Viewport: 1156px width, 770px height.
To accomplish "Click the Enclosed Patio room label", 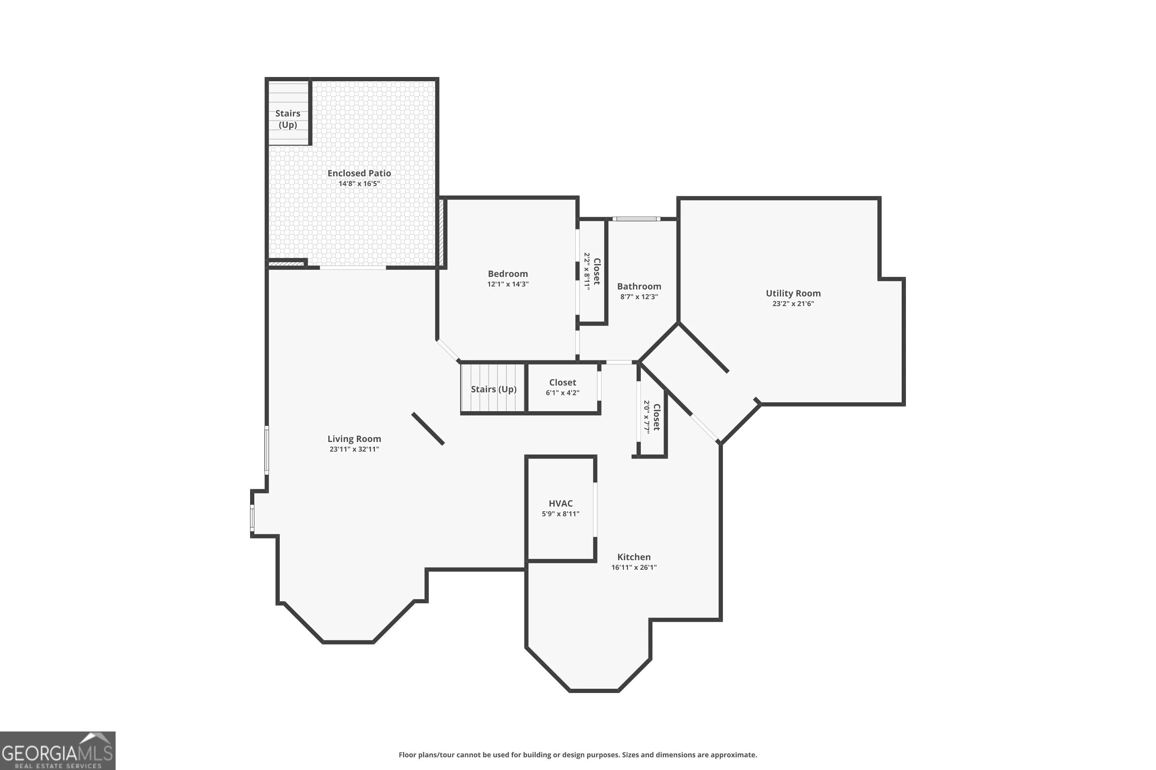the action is coord(359,173).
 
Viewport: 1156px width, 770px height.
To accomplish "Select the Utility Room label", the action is coord(793,293).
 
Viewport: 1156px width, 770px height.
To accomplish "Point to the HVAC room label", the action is coord(561,503).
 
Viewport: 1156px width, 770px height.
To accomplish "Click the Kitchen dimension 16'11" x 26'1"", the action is coord(634,567).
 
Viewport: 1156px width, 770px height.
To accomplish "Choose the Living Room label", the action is coord(355,439).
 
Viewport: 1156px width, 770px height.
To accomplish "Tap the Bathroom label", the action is coord(639,286).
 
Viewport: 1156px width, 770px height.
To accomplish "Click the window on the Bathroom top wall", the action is coord(637,219).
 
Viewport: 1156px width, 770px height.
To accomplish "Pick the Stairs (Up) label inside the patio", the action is coord(287,119).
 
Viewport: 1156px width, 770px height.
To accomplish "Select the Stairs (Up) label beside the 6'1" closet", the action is coord(494,389).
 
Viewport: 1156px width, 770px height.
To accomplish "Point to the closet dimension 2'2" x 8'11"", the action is coord(587,271).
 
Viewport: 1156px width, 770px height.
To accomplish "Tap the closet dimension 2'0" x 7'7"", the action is coord(647,417).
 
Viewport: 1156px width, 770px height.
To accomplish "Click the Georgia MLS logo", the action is coord(57,751).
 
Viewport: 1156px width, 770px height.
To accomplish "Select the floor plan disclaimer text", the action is coord(578,755).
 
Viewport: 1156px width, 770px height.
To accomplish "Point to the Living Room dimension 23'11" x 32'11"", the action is coord(355,449).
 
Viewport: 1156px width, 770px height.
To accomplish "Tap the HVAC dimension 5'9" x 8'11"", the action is coord(561,514).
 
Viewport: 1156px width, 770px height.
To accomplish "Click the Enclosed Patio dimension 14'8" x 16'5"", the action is coord(359,184).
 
